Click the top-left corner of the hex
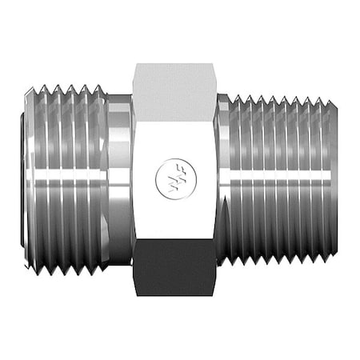pos(134,65)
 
